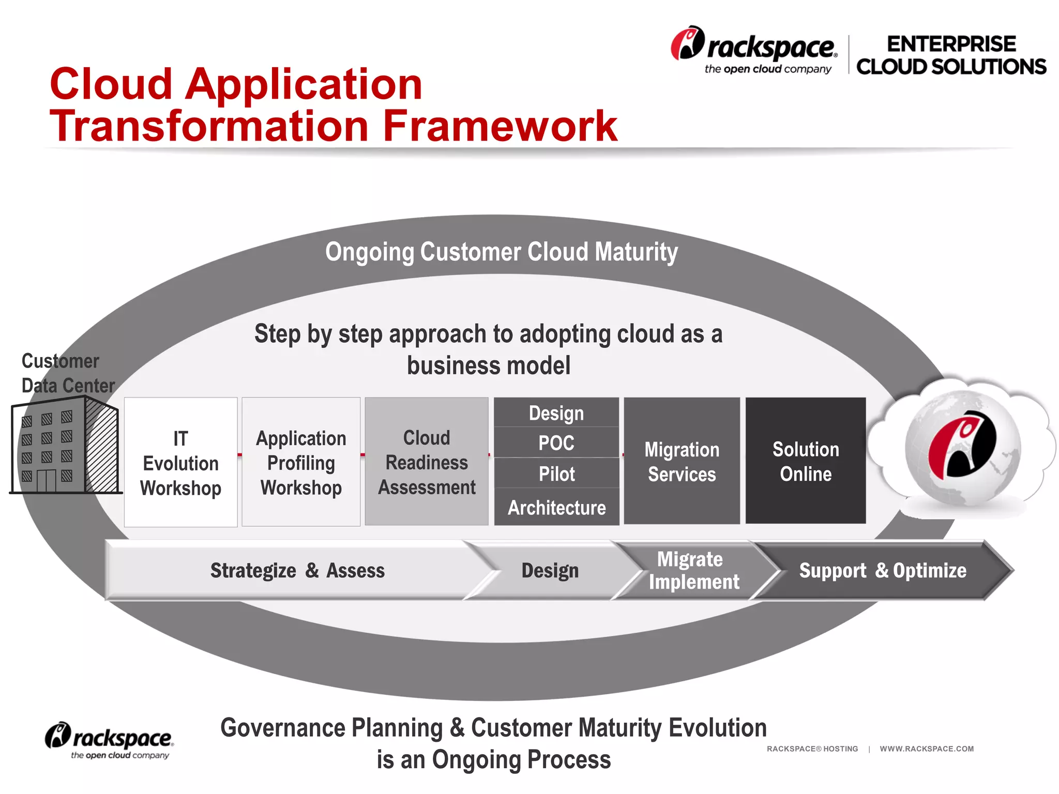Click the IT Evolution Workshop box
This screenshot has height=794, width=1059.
pos(180,462)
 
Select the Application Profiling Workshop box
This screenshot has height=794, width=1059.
pos(301,462)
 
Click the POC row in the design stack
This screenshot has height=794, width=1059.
pos(556,442)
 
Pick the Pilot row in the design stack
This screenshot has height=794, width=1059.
pos(556,474)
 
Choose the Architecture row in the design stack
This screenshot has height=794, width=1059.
pos(556,507)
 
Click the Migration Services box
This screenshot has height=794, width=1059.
pos(682,461)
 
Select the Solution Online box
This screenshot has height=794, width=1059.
pos(806,461)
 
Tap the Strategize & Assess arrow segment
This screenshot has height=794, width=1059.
pos(297,570)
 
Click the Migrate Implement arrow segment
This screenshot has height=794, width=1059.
pos(693,570)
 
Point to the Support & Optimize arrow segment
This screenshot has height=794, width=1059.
pos(882,570)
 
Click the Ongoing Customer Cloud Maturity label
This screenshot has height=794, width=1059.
pos(501,252)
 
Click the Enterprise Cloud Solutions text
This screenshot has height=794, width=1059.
pos(951,55)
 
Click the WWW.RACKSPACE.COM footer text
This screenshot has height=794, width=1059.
pos(927,749)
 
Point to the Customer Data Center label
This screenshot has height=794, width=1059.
pos(67,373)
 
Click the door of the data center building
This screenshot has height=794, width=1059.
pos(46,480)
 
